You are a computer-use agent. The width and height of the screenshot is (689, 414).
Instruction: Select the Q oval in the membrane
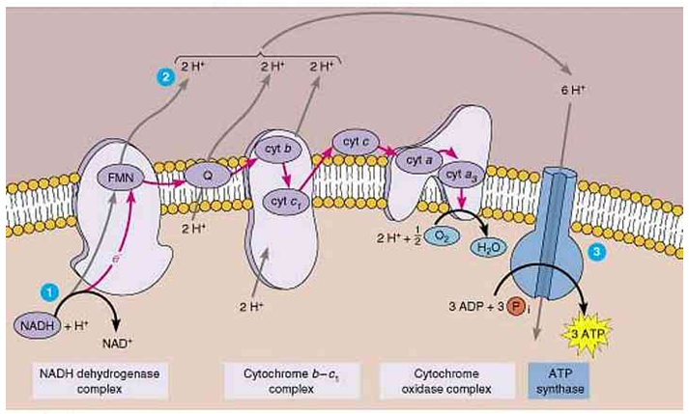pyautogui.click(x=205, y=178)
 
